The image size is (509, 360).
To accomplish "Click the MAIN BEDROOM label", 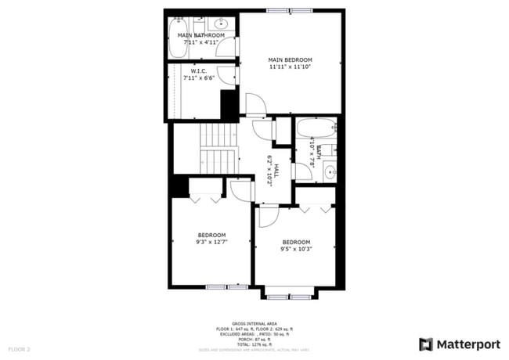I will pos(290,60).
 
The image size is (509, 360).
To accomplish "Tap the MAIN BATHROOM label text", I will pos(201,35).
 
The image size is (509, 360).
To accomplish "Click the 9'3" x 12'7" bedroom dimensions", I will pos(211,243).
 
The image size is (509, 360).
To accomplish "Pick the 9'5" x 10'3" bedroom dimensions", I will pos(296,250).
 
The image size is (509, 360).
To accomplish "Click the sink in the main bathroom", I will pos(225,23).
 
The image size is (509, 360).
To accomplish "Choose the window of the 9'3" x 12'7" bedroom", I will pos(226,287).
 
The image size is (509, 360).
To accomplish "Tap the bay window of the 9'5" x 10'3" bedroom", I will pos(288,297).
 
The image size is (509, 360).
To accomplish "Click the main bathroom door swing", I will pos(226,48).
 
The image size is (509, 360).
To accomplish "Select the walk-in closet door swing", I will pos(226,74).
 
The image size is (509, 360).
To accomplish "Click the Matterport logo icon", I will pos(426,344).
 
